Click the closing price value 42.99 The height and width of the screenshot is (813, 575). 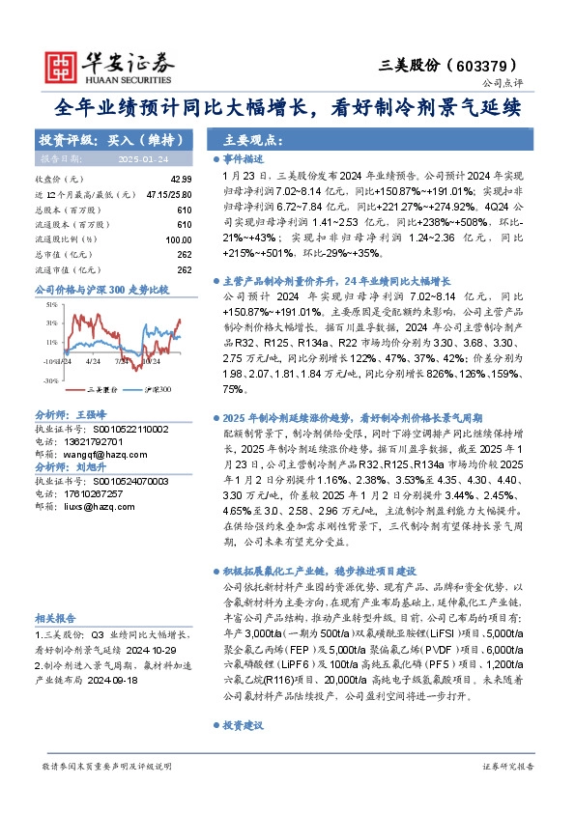181,180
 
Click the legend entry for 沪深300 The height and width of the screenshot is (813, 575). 157,389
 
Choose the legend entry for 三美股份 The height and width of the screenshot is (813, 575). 102,389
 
